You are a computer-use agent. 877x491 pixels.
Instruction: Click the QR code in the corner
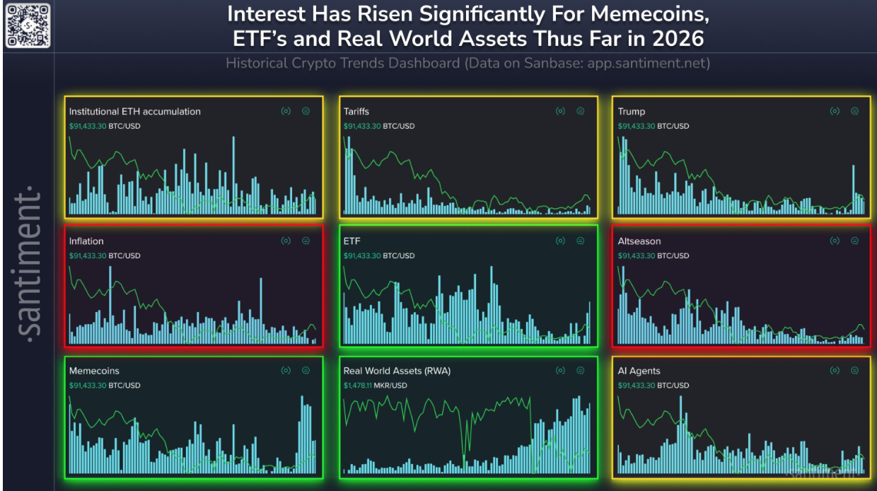[28, 25]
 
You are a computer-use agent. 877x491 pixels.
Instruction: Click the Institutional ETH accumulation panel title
[134, 111]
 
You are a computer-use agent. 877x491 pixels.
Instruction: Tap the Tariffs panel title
[356, 111]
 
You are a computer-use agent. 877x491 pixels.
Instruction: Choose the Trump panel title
[631, 111]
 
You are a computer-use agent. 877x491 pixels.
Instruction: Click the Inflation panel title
[86, 241]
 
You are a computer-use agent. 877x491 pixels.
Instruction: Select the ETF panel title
[352, 241]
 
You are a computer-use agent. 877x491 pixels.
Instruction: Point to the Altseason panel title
[639, 241]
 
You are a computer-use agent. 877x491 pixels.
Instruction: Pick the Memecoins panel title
[94, 371]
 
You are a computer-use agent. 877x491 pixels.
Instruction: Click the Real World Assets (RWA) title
[397, 371]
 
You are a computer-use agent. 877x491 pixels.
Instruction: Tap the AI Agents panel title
[639, 371]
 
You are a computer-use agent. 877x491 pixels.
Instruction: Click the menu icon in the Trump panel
[854, 111]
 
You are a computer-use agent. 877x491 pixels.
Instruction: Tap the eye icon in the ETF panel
[560, 241]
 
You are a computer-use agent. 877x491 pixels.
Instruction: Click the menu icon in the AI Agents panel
[854, 370]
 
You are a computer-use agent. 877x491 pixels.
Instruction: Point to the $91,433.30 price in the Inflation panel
[87, 255]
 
